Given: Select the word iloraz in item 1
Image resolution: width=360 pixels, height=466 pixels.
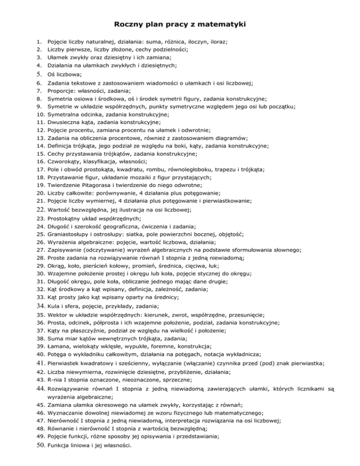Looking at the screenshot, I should (x=218, y=42).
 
